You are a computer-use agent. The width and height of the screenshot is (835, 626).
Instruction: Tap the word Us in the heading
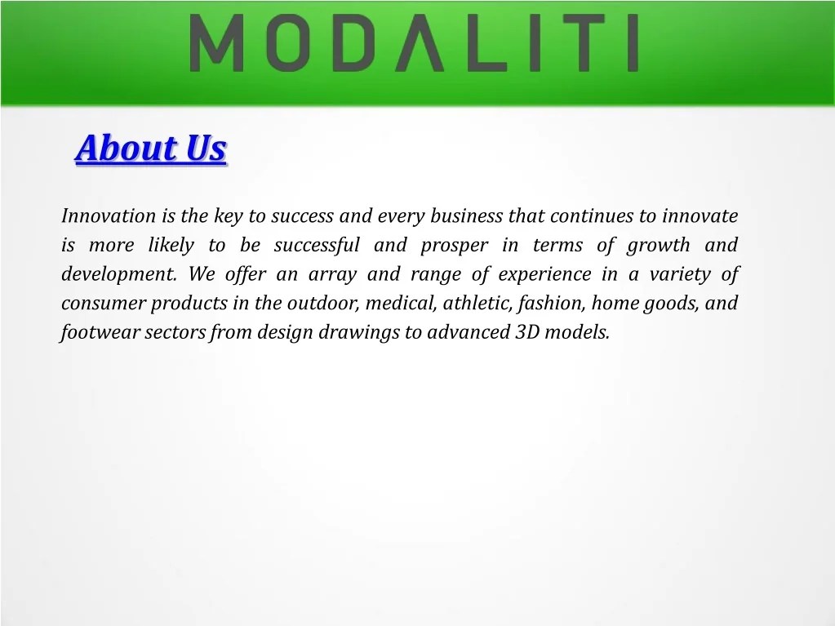coord(205,149)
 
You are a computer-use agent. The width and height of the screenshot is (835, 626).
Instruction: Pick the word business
coord(466,216)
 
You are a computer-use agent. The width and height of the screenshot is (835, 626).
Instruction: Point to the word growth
coord(658,246)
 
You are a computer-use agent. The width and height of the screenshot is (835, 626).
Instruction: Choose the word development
coord(118,275)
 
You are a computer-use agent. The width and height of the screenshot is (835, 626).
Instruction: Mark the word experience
coord(544,275)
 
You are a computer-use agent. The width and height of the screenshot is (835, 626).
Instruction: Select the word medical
coord(401,304)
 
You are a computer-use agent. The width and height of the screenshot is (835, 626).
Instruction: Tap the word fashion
coord(551,304)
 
